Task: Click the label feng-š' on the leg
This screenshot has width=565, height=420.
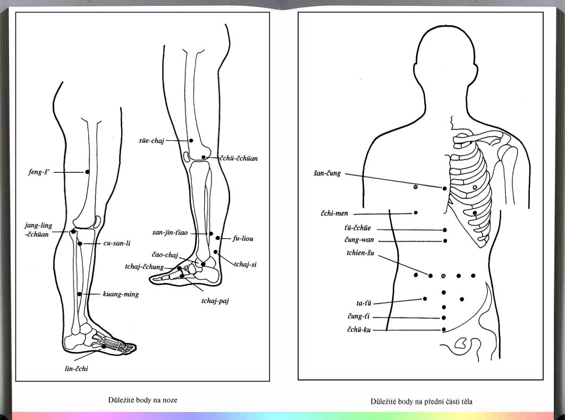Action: click(x=39, y=172)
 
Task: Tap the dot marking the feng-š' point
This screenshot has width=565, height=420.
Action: click(x=87, y=172)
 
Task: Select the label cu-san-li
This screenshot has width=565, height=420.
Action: click(x=117, y=243)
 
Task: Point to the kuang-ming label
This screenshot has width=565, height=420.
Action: click(x=121, y=294)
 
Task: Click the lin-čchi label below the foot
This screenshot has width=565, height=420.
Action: click(x=77, y=368)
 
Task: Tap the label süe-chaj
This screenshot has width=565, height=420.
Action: click(x=151, y=140)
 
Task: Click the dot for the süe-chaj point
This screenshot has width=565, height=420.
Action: click(x=191, y=140)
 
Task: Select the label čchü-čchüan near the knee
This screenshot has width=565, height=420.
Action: click(x=239, y=158)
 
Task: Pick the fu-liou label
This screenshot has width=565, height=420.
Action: click(x=243, y=239)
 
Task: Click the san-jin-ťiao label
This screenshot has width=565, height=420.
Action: click(x=170, y=233)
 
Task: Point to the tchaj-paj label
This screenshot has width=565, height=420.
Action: click(x=215, y=301)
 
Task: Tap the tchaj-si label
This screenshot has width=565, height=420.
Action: click(x=245, y=264)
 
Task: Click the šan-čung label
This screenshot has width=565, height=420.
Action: click(x=327, y=173)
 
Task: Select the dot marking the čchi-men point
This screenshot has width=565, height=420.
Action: click(x=416, y=213)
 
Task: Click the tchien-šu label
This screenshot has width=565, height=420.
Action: click(x=360, y=253)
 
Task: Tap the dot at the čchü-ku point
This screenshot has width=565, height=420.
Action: click(x=444, y=329)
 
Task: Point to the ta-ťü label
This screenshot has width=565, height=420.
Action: click(x=364, y=304)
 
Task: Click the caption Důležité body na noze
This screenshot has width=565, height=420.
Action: click(x=142, y=400)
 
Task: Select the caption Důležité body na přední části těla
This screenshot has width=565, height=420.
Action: click(x=421, y=401)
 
